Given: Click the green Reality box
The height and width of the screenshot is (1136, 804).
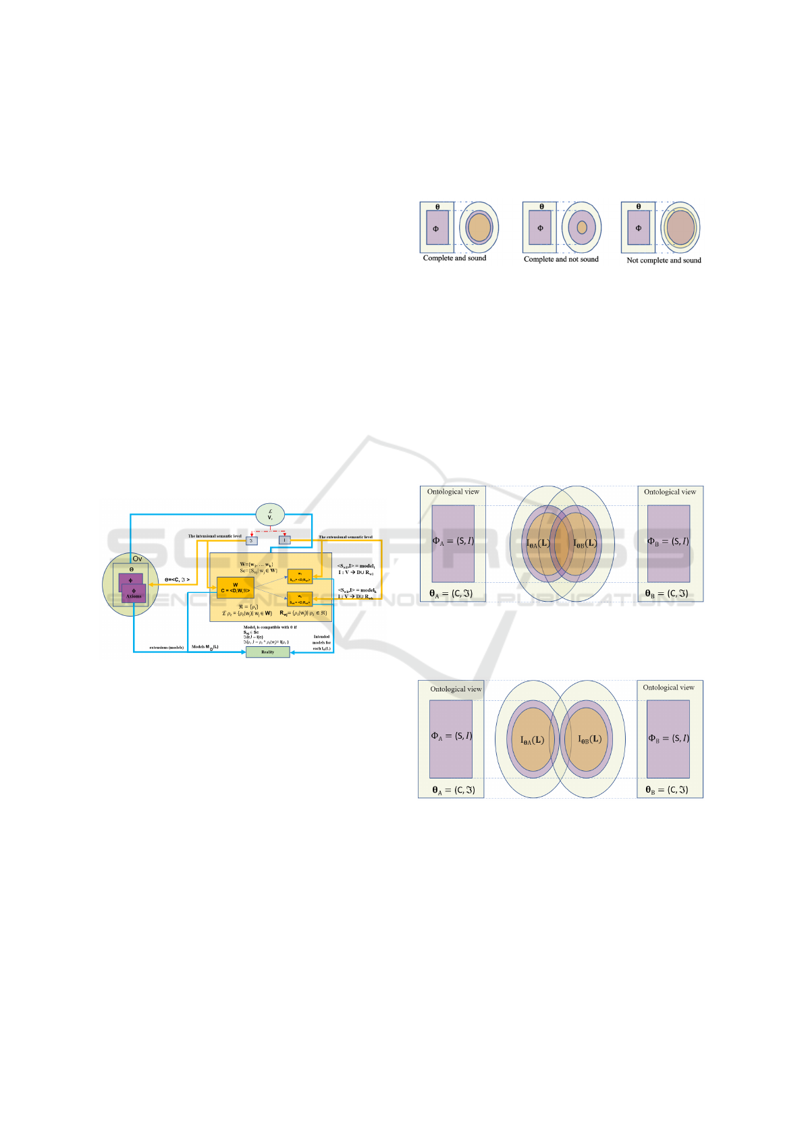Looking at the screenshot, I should [267, 652].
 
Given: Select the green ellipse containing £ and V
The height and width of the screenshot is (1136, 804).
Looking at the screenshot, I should [270, 515].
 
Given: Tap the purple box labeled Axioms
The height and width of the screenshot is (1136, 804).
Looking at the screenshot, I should [134, 594].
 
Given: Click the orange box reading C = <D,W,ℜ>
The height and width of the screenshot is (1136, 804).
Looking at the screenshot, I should [235, 588].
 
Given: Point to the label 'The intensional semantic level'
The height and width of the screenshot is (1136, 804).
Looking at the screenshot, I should [214, 536].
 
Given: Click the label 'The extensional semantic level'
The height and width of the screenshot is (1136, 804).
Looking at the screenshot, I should [345, 537].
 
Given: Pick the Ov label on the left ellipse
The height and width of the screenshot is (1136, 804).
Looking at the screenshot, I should [137, 559].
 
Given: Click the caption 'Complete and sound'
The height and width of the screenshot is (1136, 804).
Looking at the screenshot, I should [454, 258].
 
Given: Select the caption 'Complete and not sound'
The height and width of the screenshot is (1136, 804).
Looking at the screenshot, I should [561, 259].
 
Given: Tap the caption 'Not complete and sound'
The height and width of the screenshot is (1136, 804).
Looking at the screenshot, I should [664, 260].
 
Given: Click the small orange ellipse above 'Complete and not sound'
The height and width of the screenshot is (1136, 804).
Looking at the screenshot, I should [582, 227].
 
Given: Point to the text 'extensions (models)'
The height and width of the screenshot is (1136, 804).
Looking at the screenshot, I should [166, 648].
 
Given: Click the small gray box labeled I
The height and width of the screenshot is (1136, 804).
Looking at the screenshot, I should [285, 540].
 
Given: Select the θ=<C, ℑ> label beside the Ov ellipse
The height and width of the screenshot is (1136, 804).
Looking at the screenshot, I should [177, 579].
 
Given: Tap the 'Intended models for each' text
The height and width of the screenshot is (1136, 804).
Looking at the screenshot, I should [321, 642].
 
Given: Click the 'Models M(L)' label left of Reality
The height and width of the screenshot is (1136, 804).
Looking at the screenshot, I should [205, 647].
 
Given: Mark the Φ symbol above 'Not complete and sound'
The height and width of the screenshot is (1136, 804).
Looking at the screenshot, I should [639, 228].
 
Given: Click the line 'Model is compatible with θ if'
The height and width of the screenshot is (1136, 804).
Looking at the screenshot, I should [270, 627].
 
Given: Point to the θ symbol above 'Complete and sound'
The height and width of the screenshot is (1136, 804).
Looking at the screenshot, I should [437, 207].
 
